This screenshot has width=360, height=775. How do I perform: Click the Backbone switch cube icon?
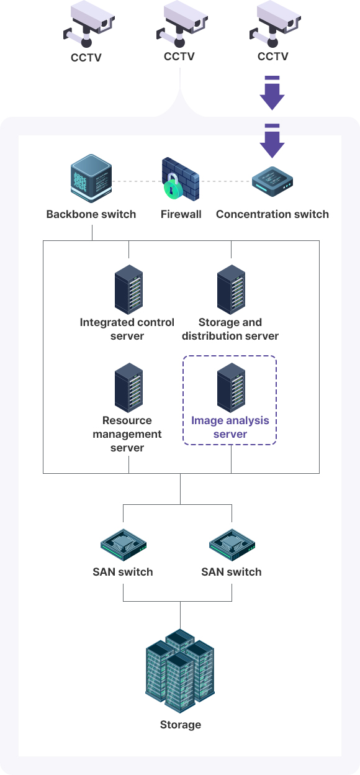coord(91,178)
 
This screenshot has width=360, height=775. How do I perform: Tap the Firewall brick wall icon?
coord(181,179)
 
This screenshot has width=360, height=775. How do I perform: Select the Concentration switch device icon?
coord(272,181)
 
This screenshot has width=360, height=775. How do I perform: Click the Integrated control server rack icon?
coord(128,289)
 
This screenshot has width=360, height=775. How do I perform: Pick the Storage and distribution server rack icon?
coord(231,289)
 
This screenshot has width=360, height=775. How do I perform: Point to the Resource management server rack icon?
coord(128,387)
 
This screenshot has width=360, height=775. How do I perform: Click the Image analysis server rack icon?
coord(231,387)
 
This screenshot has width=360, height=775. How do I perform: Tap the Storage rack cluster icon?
coord(180,671)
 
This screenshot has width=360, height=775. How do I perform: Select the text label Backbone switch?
coord(91,214)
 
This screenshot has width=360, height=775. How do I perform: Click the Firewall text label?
coord(181,214)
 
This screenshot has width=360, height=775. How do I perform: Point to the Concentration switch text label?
coord(272,214)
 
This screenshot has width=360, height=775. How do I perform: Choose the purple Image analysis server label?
coord(230,427)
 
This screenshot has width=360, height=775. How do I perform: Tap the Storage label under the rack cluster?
coord(181,725)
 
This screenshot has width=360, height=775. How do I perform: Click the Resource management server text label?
coord(127,434)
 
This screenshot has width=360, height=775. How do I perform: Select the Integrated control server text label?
coord(127,329)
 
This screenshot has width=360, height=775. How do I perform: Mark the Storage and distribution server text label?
coord(230,329)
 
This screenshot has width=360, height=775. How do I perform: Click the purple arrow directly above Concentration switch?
coord(272,141)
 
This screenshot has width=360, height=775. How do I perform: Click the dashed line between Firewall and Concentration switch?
coord(225,181)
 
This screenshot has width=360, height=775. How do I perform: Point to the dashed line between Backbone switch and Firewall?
coord(137,181)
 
